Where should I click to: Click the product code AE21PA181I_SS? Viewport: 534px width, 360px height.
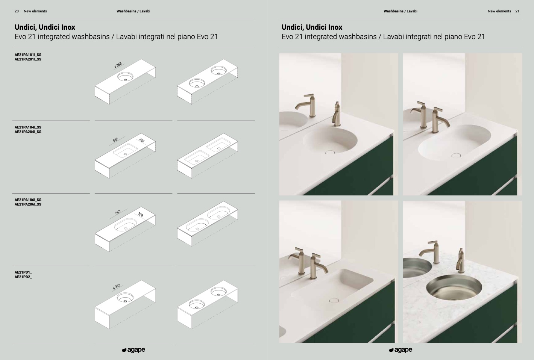click(x=28, y=55)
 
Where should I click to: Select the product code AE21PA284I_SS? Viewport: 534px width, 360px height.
click(x=28, y=132)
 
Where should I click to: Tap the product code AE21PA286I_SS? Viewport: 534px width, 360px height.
click(x=28, y=204)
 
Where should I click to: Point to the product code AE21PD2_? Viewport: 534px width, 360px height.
click(x=23, y=277)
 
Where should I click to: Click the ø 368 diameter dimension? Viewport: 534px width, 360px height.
click(x=118, y=65)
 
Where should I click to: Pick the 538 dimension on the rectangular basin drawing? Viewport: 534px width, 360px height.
click(x=115, y=140)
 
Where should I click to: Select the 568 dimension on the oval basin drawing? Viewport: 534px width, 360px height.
click(x=118, y=212)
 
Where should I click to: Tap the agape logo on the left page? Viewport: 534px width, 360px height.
click(x=133, y=350)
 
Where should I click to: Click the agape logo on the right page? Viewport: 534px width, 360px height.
click(x=400, y=350)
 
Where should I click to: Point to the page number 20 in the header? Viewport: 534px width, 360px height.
click(x=17, y=11)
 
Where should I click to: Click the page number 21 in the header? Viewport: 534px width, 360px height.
click(x=517, y=11)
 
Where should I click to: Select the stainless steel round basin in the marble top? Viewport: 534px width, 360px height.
click(x=454, y=287)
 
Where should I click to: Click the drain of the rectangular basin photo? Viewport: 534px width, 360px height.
click(x=334, y=300)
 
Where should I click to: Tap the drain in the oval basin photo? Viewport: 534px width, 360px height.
click(x=456, y=155)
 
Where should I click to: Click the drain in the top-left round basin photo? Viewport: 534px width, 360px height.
click(x=330, y=152)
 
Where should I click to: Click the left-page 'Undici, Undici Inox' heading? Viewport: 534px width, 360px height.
click(x=45, y=27)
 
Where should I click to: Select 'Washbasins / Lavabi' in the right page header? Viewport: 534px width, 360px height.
click(x=400, y=11)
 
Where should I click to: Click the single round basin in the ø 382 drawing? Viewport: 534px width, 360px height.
click(x=125, y=297)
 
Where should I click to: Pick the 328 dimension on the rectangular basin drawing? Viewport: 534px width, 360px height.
click(x=142, y=140)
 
